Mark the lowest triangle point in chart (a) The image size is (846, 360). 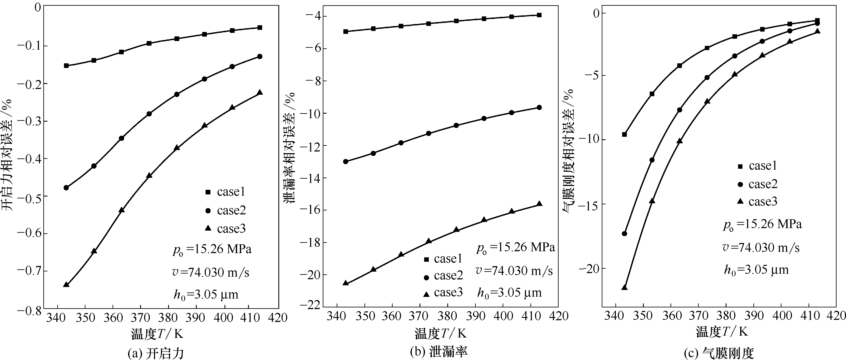pyautogui.click(x=66, y=284)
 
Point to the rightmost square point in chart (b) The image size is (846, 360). pyautogui.click(x=539, y=15)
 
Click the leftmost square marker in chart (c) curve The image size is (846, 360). pyautogui.click(x=624, y=134)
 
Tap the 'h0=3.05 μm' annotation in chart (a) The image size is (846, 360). pyautogui.click(x=206, y=295)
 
